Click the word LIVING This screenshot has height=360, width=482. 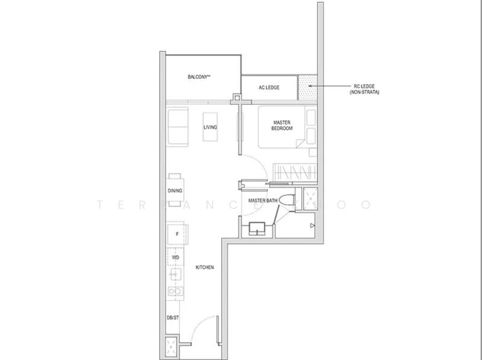210,128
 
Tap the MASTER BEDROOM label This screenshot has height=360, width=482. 281,125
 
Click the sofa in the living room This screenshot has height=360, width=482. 178,126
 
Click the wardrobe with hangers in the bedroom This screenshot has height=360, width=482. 295,172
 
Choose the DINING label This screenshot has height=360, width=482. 175,191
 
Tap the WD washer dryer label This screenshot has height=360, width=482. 176,257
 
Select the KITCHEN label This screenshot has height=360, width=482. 205,267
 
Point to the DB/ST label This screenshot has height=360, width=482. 173,317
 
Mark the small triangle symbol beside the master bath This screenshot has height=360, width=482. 311,226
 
